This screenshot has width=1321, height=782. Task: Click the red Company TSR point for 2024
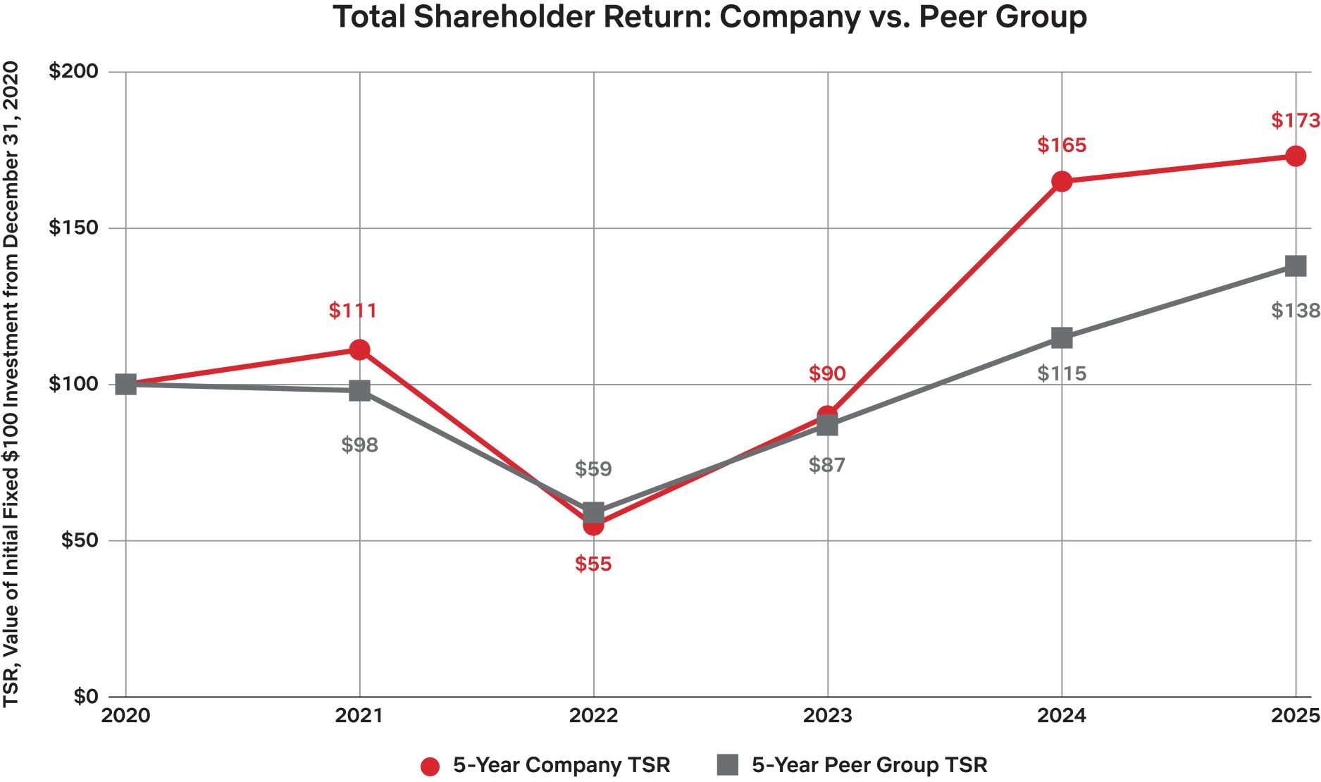[1062, 182]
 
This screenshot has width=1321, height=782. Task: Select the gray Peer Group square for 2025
[1296, 266]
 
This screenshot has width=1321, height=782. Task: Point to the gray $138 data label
[1296, 310]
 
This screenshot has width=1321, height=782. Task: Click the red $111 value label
[353, 310]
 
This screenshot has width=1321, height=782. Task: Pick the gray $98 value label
[360, 445]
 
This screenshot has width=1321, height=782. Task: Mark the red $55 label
[593, 564]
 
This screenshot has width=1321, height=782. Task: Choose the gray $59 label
[593, 468]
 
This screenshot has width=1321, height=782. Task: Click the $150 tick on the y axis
[73, 228]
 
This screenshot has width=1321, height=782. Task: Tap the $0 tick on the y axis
[86, 697]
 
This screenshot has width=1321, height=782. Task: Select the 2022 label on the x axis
[593, 716]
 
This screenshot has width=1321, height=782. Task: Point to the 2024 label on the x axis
[1062, 716]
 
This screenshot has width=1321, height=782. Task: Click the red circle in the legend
[430, 767]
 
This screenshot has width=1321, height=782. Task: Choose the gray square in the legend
[728, 765]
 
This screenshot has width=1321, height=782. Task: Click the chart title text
[709, 17]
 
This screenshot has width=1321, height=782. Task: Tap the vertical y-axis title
[11, 385]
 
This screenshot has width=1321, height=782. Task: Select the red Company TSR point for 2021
[360, 350]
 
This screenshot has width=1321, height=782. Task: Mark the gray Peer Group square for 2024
[1062, 338]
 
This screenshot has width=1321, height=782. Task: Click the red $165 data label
[1062, 145]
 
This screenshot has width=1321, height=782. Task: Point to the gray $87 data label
[827, 465]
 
